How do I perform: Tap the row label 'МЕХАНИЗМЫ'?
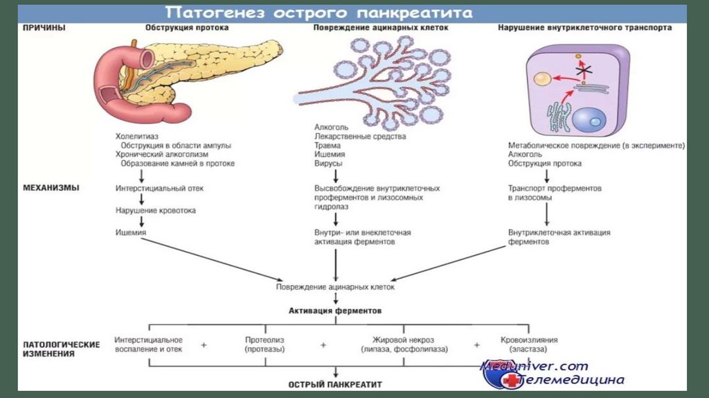[x=51, y=187]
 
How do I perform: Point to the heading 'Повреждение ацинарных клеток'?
[x=381, y=28]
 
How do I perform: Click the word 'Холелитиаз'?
[x=134, y=137]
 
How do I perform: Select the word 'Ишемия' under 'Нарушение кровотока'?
[x=131, y=232]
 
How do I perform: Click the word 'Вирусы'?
[x=326, y=164]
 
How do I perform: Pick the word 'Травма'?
[x=326, y=146]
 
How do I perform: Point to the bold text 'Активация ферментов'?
[x=335, y=311]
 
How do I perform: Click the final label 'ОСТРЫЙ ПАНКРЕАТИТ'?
[x=335, y=383]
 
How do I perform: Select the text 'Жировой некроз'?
[x=404, y=340]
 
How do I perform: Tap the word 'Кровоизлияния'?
[x=529, y=340]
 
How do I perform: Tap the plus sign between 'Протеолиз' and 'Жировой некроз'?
[x=323, y=345]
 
